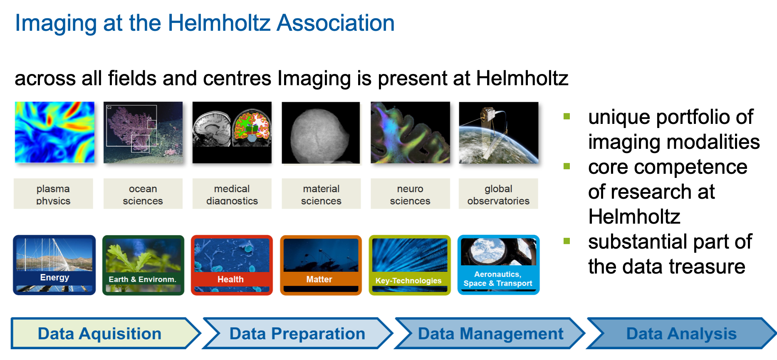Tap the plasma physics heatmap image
pyautogui.click(x=54, y=132)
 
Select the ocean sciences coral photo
pyautogui.click(x=143, y=132)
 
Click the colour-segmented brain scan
pyautogui.click(x=252, y=127)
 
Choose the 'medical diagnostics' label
pyautogui.click(x=232, y=194)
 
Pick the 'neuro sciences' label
pyautogui.click(x=410, y=194)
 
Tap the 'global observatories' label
pyautogui.click(x=498, y=194)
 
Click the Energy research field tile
pyautogui.click(x=54, y=265)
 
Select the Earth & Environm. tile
pyautogui.click(x=143, y=265)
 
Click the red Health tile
pyautogui.click(x=232, y=265)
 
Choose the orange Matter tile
pyautogui.click(x=321, y=265)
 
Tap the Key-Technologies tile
pyautogui.click(x=410, y=265)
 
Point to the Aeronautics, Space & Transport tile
pyautogui.click(x=498, y=265)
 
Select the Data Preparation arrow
pyautogui.click(x=297, y=333)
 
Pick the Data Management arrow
pyautogui.click(x=490, y=333)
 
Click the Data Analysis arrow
pyautogui.click(x=681, y=333)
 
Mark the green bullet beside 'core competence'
pyautogui.click(x=567, y=166)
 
